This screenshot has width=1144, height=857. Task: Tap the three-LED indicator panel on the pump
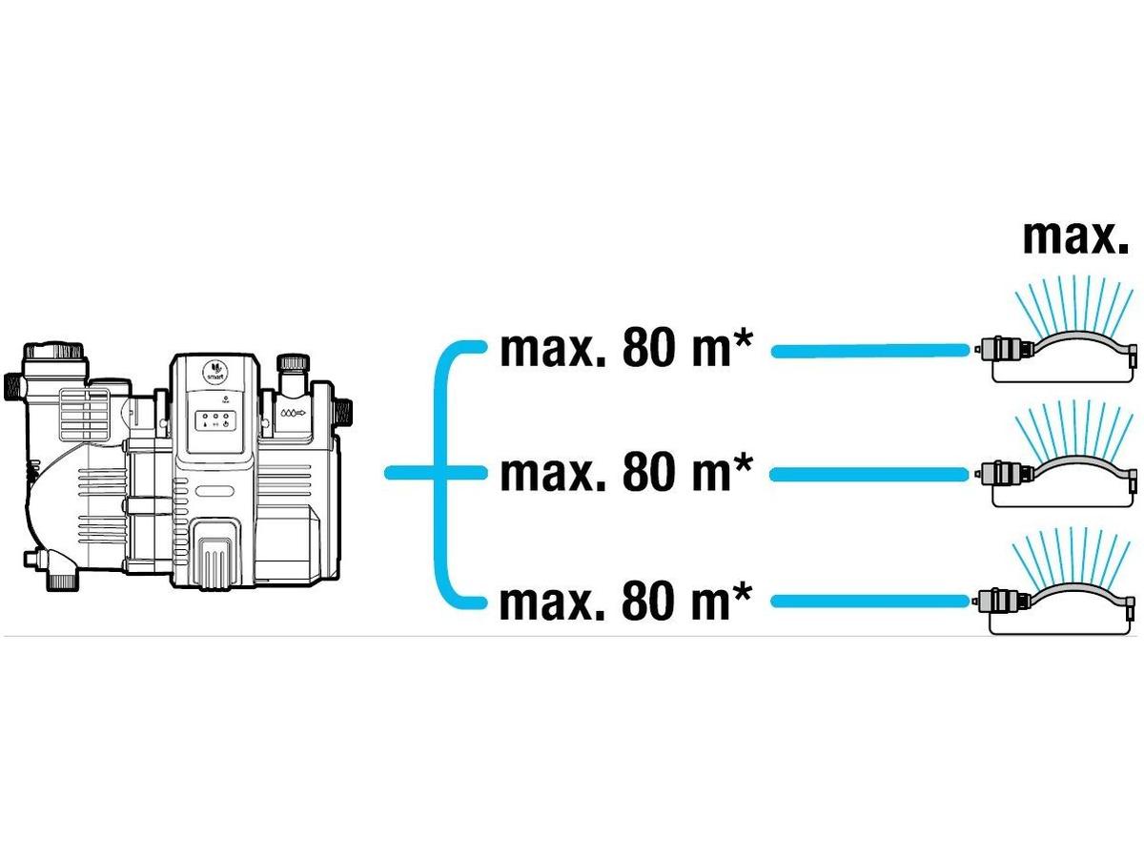[x=215, y=419]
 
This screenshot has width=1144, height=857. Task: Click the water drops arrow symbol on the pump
[x=294, y=413]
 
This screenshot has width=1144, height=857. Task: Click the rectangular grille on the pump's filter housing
[x=85, y=415]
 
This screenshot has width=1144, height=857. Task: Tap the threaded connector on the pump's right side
[x=343, y=414]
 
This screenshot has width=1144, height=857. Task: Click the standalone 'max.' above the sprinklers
[x=1075, y=238]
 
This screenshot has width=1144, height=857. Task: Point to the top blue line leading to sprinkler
[x=869, y=351]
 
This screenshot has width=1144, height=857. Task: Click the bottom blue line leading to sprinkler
[x=869, y=602]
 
